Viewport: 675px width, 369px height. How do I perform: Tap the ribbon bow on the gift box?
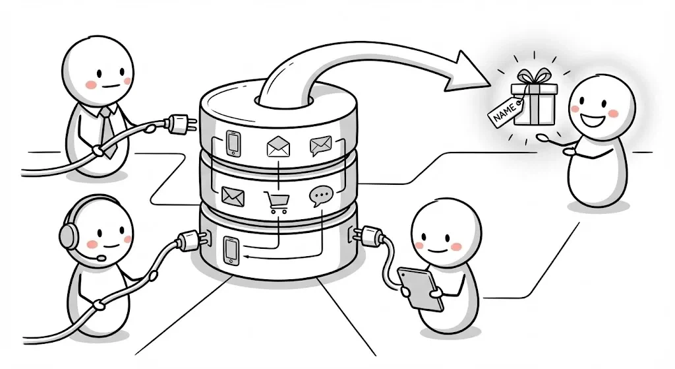tap(534, 77)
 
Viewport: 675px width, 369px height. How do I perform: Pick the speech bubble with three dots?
tap(321, 195)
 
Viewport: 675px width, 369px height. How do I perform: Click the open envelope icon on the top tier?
tap(278, 146)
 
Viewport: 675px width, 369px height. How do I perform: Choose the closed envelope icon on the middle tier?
tap(233, 196)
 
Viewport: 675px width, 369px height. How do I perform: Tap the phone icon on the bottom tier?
tap(231, 251)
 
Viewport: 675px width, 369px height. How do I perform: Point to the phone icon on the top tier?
tap(233, 143)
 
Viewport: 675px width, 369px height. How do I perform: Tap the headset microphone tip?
tap(102, 258)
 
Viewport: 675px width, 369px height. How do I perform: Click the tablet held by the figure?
tap(420, 288)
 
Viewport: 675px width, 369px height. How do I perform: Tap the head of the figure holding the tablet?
tap(446, 234)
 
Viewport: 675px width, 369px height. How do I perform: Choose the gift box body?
tap(534, 105)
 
